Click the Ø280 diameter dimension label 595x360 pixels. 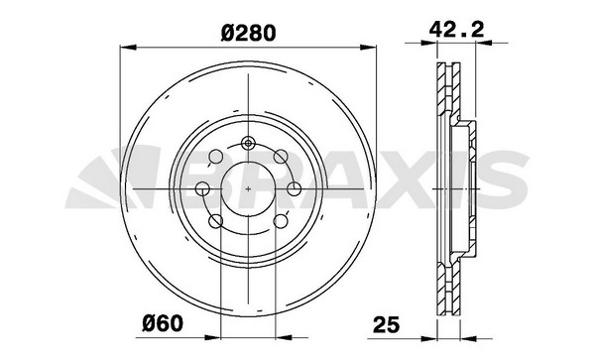click(248, 33)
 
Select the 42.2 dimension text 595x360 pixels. click(456, 29)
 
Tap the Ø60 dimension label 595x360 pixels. click(163, 323)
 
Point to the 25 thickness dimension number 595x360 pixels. click(387, 324)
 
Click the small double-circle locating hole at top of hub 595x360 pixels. click(248, 143)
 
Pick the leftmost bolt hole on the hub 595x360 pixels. click(202, 188)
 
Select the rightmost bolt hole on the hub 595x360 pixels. click(295, 188)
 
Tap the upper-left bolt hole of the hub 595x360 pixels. click(216, 157)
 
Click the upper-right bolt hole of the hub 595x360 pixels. click(282, 156)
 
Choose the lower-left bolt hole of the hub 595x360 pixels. click(216, 221)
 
